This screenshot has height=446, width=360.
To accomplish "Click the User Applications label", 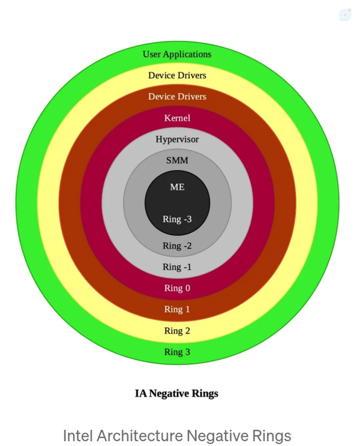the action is pos(177,55).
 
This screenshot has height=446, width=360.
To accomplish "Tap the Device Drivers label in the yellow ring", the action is pos(177,76).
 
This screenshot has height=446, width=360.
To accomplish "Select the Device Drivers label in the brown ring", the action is pos(177,97).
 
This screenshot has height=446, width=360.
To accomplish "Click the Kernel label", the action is pos(177,118).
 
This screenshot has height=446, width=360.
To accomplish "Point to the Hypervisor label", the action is pos(177,139).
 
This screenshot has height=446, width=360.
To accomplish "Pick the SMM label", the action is pos(177,160).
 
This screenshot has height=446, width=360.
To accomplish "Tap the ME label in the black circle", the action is pos(177,187).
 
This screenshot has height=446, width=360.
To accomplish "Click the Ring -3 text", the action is pos(177,219).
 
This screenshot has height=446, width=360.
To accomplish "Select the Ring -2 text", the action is pos(177,246).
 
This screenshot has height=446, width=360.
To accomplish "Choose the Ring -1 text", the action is pos(177,267).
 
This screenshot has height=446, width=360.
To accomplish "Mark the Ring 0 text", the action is pos(177,288).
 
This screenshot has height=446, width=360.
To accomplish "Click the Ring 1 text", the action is pos(177,309).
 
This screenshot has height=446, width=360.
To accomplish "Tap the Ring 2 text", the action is pos(177,331).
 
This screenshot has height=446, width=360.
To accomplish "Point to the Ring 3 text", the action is pos(177,352).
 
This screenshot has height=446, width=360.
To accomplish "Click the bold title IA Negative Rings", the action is pos(176,394).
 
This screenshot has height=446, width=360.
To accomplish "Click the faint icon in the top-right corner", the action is pos(345,14).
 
